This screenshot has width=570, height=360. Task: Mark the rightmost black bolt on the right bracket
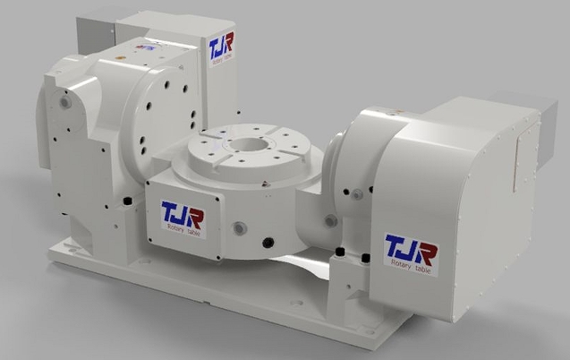pos(366,260)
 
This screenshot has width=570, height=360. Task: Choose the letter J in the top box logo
pos(222,45)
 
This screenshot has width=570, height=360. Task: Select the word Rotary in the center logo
pos(175,229)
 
